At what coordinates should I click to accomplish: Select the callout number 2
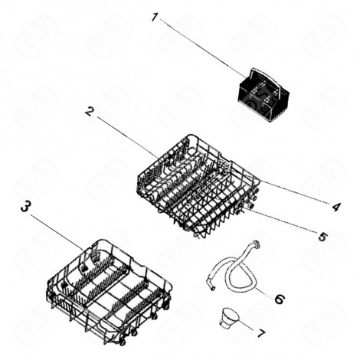pyautogui.click(x=90, y=112)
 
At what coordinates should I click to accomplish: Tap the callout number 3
pyautogui.click(x=25, y=208)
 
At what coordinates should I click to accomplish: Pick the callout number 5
pyautogui.click(x=322, y=237)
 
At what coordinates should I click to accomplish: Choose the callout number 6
pyautogui.click(x=279, y=298)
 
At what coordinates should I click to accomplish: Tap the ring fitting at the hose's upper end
pyautogui.click(x=254, y=244)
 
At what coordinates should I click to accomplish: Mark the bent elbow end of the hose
pyautogui.click(x=208, y=286)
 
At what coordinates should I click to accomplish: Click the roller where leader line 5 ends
pyautogui.click(x=250, y=207)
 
